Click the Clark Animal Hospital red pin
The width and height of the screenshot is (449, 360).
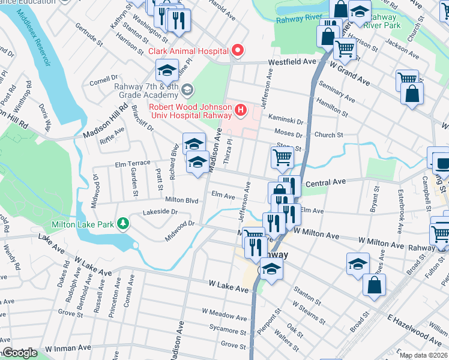point(238,50)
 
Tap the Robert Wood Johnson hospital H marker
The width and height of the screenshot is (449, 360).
point(241,110)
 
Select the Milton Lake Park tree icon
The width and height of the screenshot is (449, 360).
point(123,223)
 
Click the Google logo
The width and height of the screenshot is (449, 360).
point(19,353)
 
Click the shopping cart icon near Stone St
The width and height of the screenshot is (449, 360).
point(282,157)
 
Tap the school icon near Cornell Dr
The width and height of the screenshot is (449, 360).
point(167,70)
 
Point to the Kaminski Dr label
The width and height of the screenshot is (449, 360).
point(290,121)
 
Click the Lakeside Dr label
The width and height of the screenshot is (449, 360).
point(160,212)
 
